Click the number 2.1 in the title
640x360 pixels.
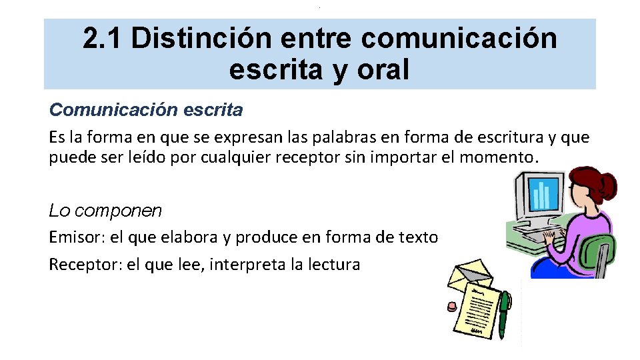click(x=103, y=39)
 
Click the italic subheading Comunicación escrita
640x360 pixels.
click(x=146, y=109)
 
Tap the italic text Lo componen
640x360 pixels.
click(x=105, y=211)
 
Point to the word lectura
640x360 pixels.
click(x=334, y=265)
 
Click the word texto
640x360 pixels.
click(x=419, y=237)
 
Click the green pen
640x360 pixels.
click(x=504, y=313)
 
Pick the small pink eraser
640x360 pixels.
click(x=451, y=306)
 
